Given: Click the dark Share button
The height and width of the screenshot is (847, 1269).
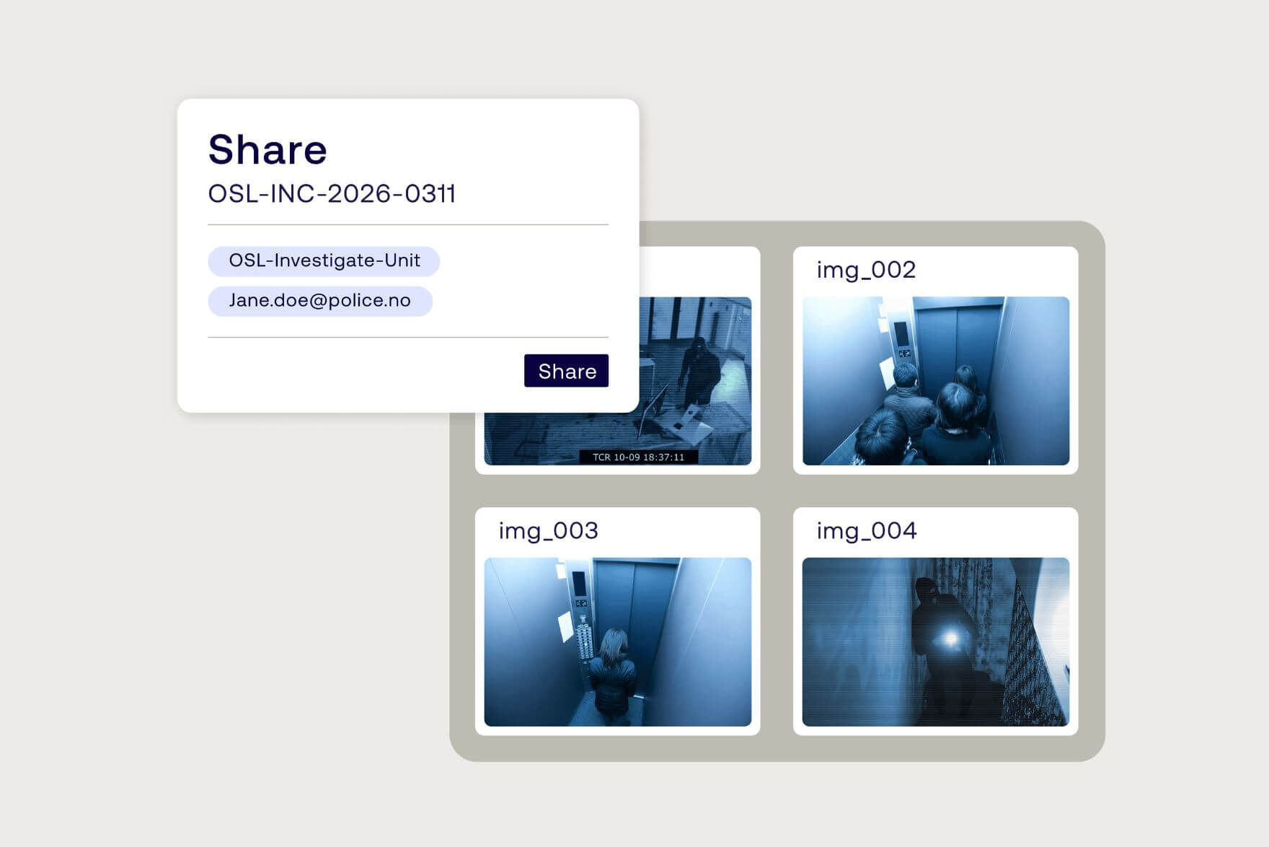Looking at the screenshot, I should coord(566,371).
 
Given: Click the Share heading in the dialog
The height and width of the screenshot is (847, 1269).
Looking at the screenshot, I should coord(267,149).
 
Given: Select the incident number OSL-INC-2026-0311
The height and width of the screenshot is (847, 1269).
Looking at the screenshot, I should coord(332,193).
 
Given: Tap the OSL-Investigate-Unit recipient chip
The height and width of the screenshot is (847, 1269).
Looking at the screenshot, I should coord(324,260).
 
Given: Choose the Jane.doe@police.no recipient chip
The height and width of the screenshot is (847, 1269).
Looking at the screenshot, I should coord(319,301).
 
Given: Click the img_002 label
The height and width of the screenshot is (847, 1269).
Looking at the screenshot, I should coord(866,270).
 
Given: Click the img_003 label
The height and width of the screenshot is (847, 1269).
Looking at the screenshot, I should coord(548,531).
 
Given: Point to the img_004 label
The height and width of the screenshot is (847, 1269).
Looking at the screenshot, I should coord(866,531).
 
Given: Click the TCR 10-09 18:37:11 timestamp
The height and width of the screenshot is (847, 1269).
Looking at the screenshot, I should coord(638,457).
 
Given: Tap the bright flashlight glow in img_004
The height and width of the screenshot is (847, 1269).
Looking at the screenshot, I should coord(951,638).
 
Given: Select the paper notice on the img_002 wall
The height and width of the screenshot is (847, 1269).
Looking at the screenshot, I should coord(885,372).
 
